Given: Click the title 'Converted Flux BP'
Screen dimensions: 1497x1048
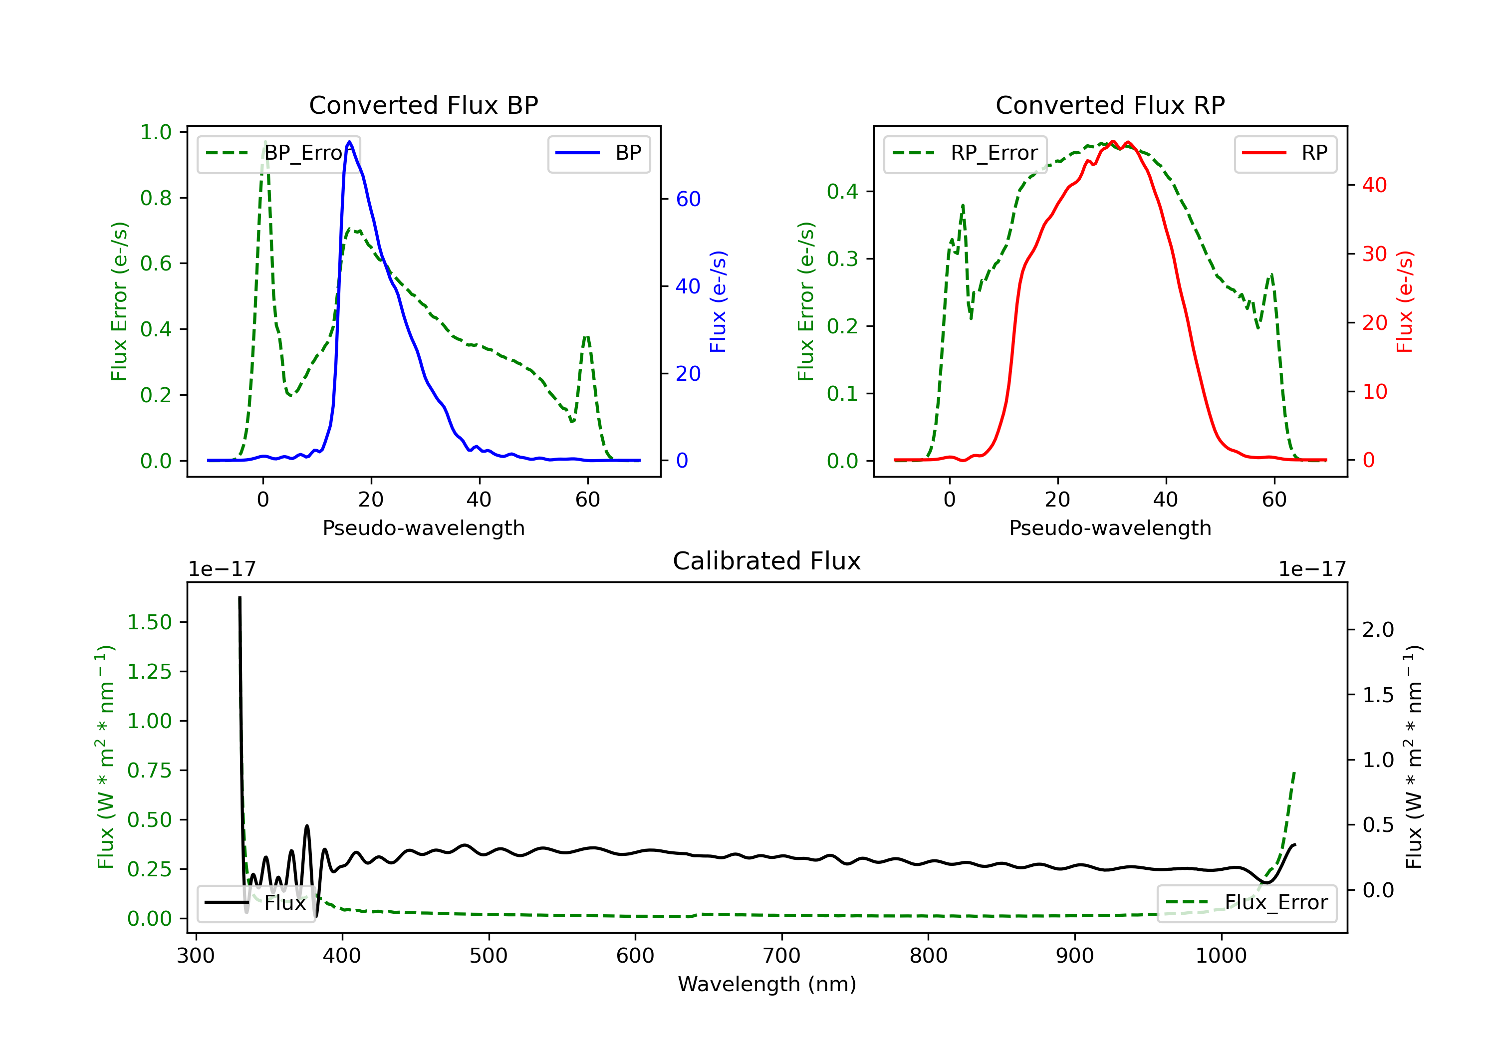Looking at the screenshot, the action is pos(423,105).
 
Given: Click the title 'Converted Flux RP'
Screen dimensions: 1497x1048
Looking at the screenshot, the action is pos(1110,105).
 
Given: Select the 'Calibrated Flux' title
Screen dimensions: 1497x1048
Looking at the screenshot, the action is pos(767,561).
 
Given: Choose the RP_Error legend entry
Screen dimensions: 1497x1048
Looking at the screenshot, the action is pos(965,153).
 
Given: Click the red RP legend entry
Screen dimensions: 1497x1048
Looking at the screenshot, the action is pos(1285,153).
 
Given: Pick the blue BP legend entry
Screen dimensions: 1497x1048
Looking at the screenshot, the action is pos(598,153).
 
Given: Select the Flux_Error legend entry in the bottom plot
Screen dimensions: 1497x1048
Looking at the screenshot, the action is pos(1247,903).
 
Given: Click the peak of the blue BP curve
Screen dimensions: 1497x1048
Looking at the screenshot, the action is pos(349,142).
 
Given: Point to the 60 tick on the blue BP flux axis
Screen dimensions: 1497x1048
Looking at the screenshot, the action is pos(688,199).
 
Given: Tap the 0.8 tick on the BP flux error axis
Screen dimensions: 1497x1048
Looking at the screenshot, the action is pos(156,198).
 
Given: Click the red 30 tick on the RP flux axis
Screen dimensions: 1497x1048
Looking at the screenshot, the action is pos(1374,254).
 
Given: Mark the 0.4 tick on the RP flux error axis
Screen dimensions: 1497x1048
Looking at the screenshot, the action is pos(842,191).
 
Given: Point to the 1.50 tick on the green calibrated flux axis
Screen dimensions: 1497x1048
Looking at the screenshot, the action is pos(149,622).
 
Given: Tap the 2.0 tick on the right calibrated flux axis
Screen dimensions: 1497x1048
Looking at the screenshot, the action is pos(1378,629).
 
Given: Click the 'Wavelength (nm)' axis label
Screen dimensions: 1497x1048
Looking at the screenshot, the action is pos(767,984).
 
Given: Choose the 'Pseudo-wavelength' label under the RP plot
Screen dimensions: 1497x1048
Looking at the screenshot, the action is pos(1110,527).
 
